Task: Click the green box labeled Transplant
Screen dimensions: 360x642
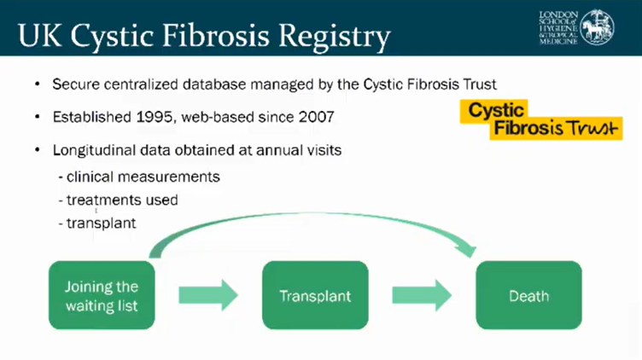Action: click(315, 296)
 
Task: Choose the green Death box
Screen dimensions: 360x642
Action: click(528, 296)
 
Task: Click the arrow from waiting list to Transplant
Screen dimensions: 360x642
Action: click(208, 296)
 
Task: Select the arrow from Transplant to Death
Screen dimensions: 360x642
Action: click(422, 296)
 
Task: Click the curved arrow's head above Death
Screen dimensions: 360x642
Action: click(468, 249)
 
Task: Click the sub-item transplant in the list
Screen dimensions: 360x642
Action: click(101, 224)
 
